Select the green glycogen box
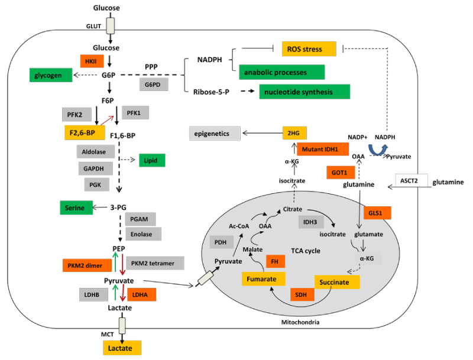[50, 76]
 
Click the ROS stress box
[309, 48]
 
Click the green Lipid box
[152, 160]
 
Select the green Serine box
[76, 207]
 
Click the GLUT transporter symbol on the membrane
[110, 25]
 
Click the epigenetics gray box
[215, 134]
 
